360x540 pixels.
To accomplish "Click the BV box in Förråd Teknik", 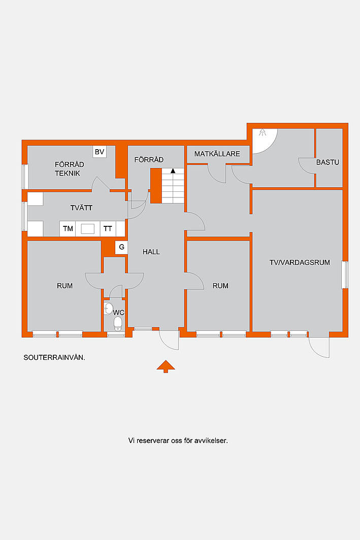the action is (x=100, y=152).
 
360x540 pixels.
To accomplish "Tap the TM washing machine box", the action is (x=68, y=229).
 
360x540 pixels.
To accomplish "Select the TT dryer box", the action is (x=108, y=229).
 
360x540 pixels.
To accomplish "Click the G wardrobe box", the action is (x=121, y=247).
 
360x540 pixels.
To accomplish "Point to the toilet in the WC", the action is (x=118, y=323).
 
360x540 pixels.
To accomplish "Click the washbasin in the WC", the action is (x=108, y=308).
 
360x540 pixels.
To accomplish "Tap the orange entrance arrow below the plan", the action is (x=166, y=366).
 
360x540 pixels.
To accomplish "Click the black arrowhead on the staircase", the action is (x=173, y=171).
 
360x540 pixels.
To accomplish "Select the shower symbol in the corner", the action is (x=263, y=132).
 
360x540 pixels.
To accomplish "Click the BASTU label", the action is (x=328, y=162).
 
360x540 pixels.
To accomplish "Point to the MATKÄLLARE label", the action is (x=217, y=154).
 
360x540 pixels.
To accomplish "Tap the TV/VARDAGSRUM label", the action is (x=300, y=262).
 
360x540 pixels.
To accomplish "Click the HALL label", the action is (x=151, y=252).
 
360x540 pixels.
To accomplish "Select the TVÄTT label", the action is (x=81, y=208).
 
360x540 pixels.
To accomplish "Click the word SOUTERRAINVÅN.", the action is (x=54, y=357).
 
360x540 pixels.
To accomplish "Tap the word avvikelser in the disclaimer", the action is (x=211, y=441).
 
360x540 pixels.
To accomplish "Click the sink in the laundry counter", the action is (x=87, y=229).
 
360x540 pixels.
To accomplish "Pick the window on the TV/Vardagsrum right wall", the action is (x=345, y=275).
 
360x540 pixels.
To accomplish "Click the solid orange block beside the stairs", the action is (x=156, y=186).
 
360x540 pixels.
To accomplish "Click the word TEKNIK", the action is (x=68, y=174).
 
